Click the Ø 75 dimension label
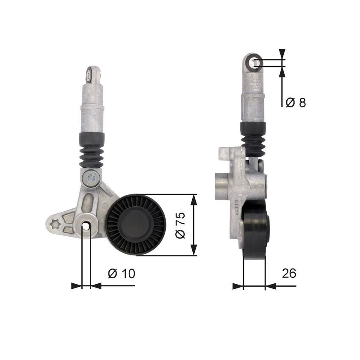pos(180,225)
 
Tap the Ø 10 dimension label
pos(122,274)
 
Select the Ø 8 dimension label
pos(295,102)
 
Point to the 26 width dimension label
pos(289,273)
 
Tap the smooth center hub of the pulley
pos(136,224)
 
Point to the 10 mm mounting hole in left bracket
pos(86,227)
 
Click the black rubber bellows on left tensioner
pos(91,150)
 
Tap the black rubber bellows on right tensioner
pos(253,138)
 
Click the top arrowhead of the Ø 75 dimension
pos(194,199)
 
